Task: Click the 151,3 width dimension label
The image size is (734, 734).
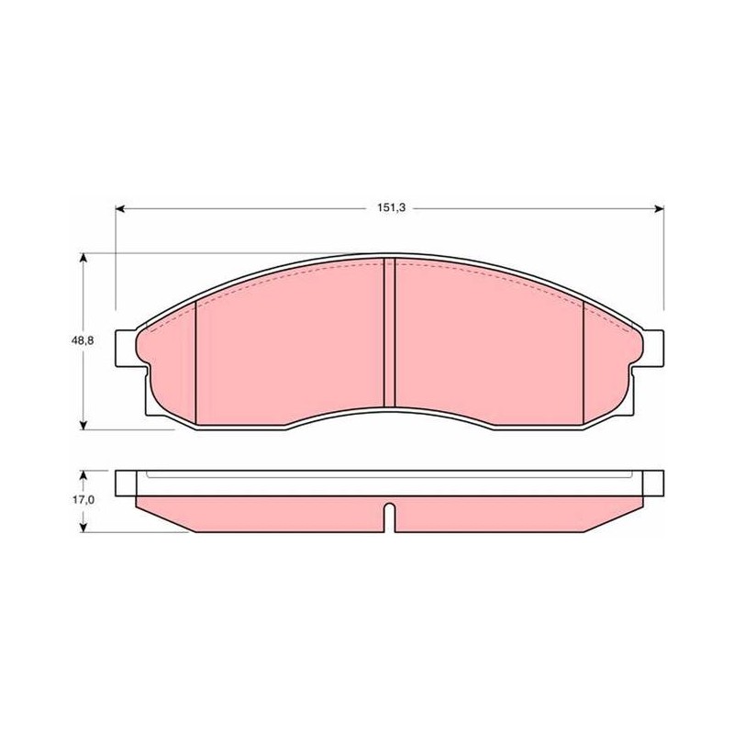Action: (392, 208)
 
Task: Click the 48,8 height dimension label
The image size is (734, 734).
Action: (83, 340)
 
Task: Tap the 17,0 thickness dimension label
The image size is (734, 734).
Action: (83, 500)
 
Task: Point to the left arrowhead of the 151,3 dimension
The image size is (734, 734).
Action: (120, 209)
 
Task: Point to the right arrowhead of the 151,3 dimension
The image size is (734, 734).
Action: (659, 209)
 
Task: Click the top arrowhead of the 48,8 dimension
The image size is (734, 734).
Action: (83, 258)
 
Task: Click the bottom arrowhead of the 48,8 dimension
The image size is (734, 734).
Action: (83, 425)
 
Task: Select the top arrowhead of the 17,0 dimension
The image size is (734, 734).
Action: (83, 475)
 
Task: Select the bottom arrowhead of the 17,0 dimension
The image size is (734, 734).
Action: (83, 528)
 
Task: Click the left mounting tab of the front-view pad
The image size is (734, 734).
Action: (126, 349)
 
